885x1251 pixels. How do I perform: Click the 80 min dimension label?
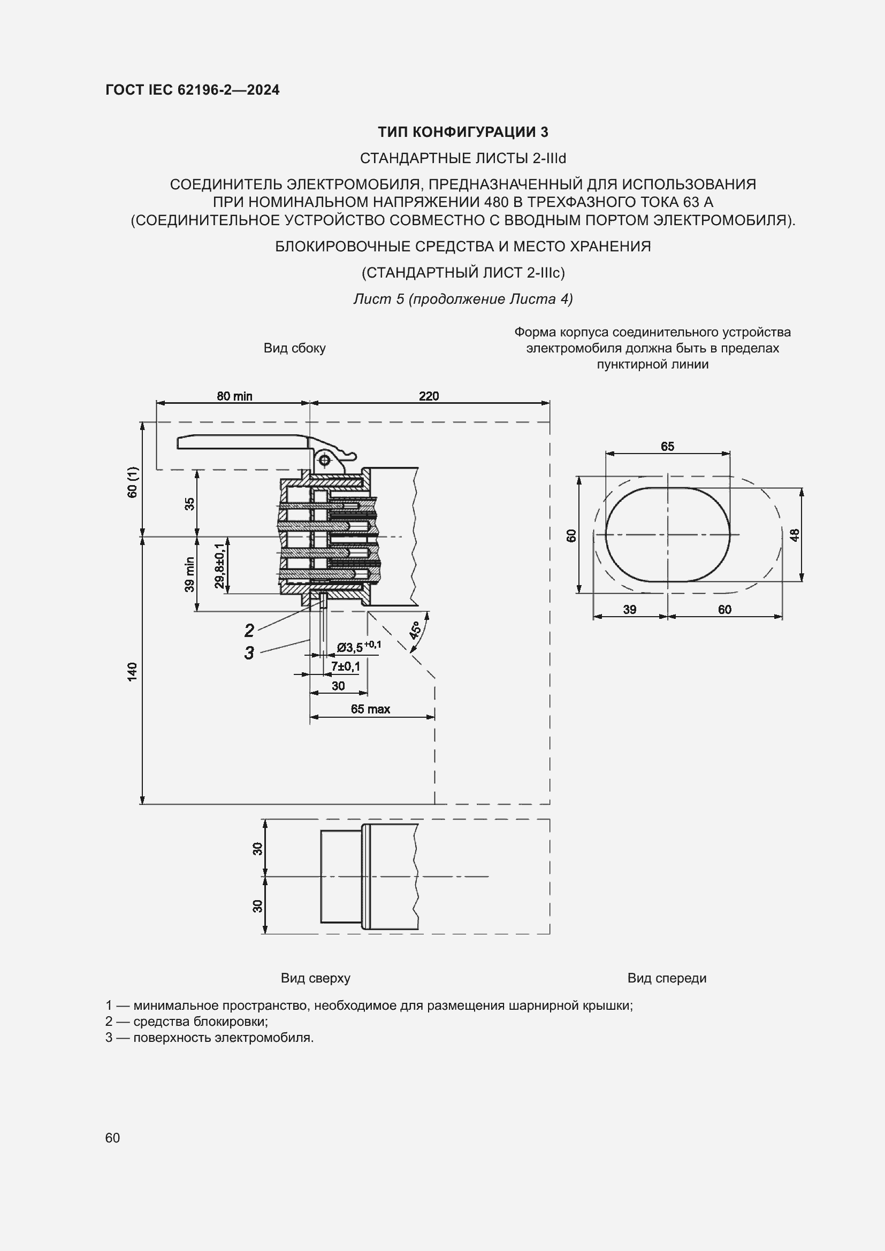click(x=234, y=396)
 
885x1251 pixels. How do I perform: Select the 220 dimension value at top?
click(x=429, y=396)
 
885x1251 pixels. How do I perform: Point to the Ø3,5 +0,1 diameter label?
click(x=358, y=647)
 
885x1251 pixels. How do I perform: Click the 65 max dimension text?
click(x=370, y=709)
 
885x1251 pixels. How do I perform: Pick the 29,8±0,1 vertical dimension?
click(x=219, y=565)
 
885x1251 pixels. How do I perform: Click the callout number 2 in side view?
click(x=249, y=631)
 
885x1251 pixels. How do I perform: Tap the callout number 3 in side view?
click(x=249, y=653)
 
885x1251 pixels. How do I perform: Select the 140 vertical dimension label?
click(x=132, y=671)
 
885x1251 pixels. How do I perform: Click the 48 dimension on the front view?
click(x=795, y=535)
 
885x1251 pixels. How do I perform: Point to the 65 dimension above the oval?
click(x=667, y=447)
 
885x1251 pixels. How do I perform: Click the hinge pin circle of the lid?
click(x=324, y=461)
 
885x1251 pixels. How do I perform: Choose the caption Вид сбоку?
click(x=294, y=348)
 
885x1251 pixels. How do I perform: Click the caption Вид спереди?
click(x=667, y=978)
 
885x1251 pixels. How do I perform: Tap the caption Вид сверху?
click(x=316, y=978)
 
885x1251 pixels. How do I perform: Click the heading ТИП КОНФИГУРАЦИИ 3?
click(x=463, y=132)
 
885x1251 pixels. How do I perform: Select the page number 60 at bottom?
click(x=113, y=1138)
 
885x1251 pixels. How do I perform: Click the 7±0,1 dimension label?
click(x=345, y=666)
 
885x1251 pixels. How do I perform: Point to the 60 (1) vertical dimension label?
click(x=132, y=482)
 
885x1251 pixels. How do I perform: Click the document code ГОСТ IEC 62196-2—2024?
click(x=193, y=90)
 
